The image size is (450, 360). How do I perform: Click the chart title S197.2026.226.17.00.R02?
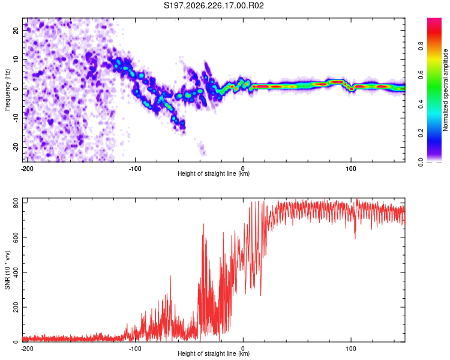[x=214, y=5]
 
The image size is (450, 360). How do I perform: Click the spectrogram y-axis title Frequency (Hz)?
[x=7, y=90]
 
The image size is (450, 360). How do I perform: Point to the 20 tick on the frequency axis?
[x=16, y=30]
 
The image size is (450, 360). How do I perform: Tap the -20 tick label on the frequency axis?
[x=16, y=148]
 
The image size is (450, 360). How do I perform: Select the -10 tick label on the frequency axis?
[x=16, y=118]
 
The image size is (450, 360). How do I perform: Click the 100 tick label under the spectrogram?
[x=351, y=169]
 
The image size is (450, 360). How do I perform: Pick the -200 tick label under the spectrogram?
[x=27, y=169]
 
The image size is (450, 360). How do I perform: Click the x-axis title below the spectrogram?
[x=214, y=174]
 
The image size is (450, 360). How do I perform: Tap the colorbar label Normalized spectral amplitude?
[x=445, y=90]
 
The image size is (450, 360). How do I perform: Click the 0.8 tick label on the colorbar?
[x=421, y=46]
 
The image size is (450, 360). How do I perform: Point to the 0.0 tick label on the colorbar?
[x=421, y=162]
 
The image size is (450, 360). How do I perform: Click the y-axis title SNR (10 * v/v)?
[x=7, y=270]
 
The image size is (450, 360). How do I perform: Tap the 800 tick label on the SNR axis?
[x=16, y=203]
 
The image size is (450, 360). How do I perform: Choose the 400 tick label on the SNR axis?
[x=16, y=272]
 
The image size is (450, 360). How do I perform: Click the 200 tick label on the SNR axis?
[x=16, y=307]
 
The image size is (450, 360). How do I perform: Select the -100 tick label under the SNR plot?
[x=135, y=349]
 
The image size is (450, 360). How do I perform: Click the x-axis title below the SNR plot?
[x=214, y=353]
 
